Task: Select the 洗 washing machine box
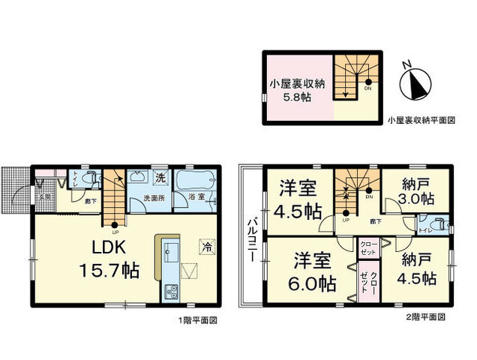(x=160, y=178)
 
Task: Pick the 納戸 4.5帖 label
(x=415, y=268)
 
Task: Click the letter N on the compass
(x=406, y=65)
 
